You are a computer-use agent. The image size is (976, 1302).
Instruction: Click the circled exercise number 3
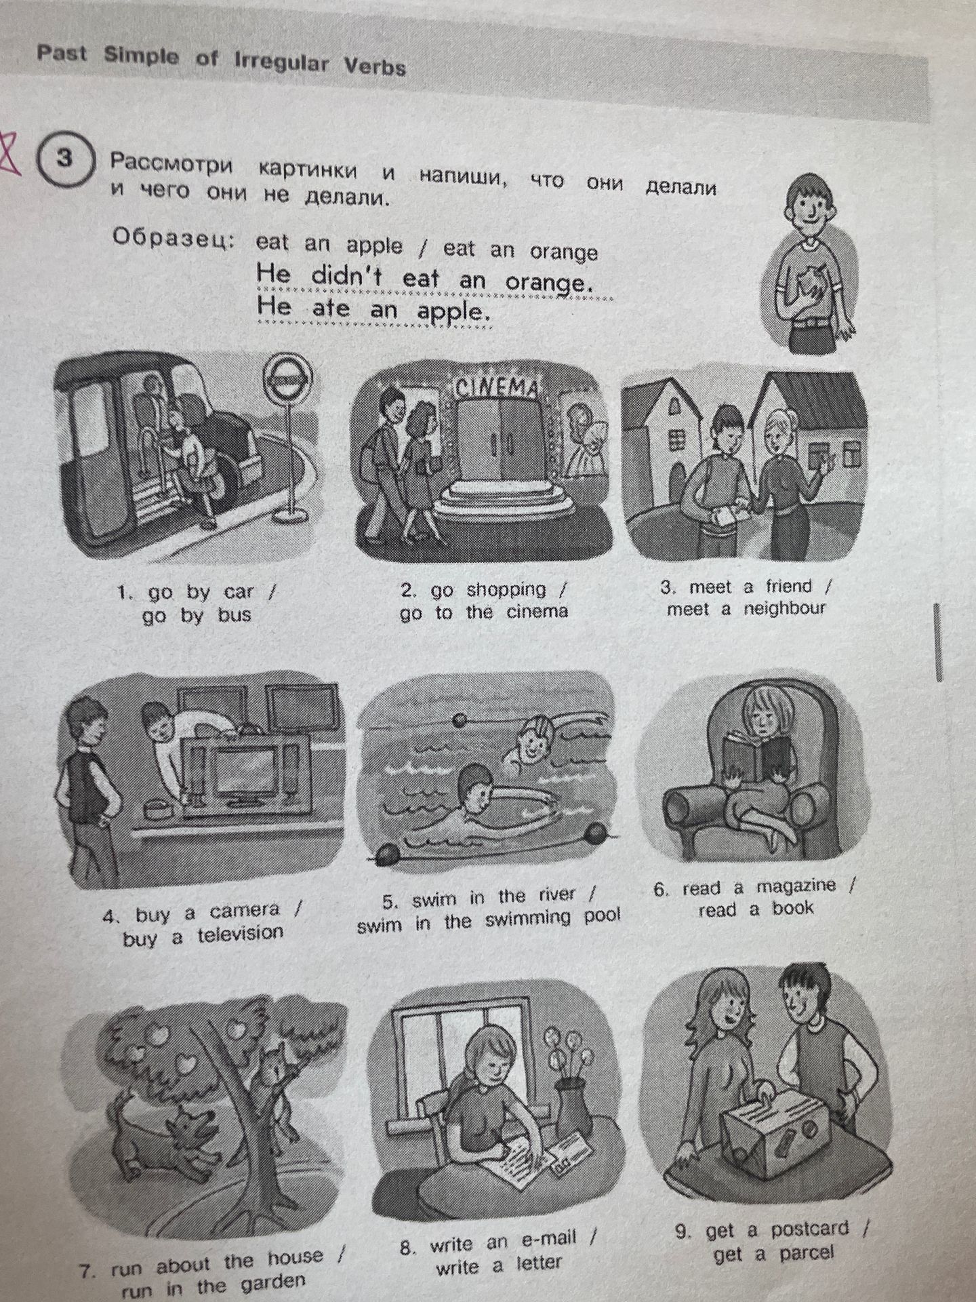[64, 160]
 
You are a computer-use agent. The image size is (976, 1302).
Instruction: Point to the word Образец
[174, 239]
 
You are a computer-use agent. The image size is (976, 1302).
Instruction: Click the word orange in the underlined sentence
[549, 281]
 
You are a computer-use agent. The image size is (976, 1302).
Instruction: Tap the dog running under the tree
[170, 1132]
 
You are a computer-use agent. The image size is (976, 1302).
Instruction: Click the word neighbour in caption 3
[784, 608]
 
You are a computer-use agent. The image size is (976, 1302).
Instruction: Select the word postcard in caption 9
[809, 1229]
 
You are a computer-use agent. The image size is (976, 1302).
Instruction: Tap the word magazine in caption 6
[796, 886]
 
